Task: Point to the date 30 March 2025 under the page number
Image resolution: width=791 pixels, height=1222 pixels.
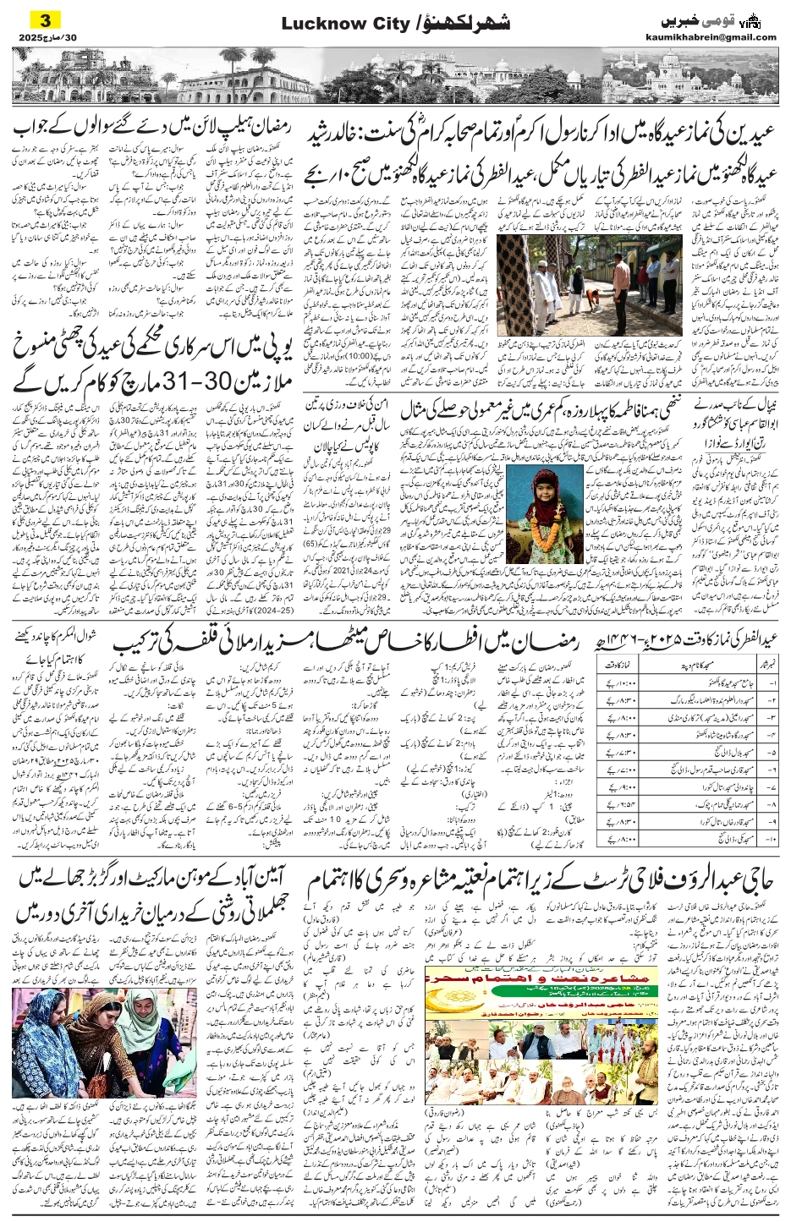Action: tap(46, 37)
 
